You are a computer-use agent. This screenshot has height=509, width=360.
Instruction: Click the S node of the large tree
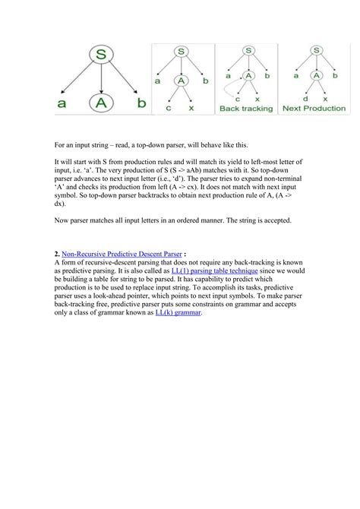101,55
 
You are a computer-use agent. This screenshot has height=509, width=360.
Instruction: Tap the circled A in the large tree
101,104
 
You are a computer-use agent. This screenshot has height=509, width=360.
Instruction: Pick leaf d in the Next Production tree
305,99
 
